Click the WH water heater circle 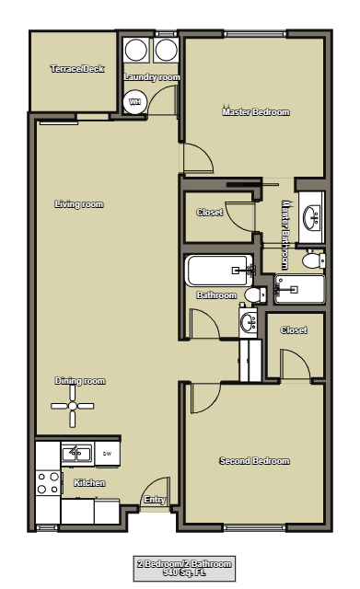coord(135,101)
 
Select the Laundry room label coord(152,77)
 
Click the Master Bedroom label coord(255,112)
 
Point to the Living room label coord(78,204)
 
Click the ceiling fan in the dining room coord(72,406)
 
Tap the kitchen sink coord(75,453)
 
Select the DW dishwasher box coord(107,453)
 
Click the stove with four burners coord(46,483)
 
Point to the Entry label coord(154,501)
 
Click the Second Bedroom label coord(254,461)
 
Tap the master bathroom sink coord(311,217)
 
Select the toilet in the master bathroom coord(312,261)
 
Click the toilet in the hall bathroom coord(254,295)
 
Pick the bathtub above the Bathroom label coord(218,271)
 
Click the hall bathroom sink coord(249,322)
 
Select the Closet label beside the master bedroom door coord(209,213)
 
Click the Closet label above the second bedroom coord(294,330)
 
